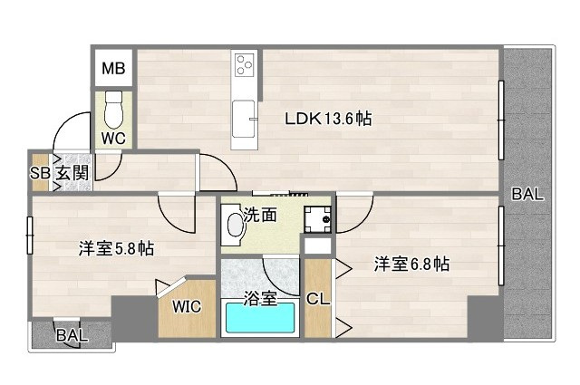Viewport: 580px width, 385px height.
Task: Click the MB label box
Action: [114, 68]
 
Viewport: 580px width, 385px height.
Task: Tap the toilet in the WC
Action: [114, 111]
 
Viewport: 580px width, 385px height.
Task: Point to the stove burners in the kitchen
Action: [244, 64]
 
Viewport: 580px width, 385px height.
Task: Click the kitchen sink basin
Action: [244, 118]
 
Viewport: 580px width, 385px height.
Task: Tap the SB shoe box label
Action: [39, 173]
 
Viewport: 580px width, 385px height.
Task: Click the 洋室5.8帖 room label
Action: [115, 248]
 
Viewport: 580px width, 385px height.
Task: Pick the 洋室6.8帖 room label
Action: [412, 264]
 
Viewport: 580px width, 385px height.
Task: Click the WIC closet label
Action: [188, 306]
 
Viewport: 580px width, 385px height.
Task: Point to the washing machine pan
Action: [317, 219]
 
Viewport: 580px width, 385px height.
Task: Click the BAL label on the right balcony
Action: [527, 193]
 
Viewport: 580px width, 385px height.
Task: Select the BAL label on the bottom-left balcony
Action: [72, 334]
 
